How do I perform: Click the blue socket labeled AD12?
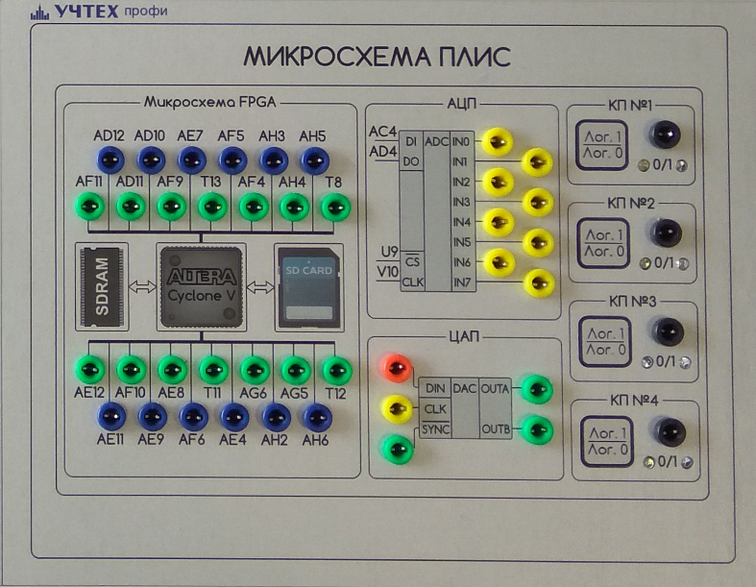(109, 159)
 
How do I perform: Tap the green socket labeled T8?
(334, 206)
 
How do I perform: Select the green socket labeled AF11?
(88, 206)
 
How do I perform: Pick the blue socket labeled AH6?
(317, 416)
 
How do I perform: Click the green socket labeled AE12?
(89, 370)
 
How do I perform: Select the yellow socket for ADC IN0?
(496, 142)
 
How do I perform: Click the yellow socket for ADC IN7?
(537, 282)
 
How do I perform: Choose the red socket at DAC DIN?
(396, 368)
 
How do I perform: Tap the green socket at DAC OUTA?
(536, 389)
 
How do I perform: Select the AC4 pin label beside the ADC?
(383, 132)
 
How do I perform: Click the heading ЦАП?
(464, 337)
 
